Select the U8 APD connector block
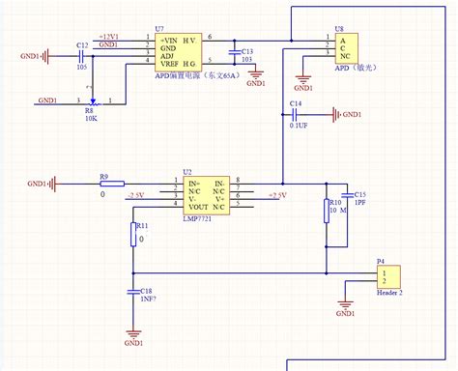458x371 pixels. pyautogui.click(x=342, y=48)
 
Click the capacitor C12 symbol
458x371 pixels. pyautogui.click(x=80, y=57)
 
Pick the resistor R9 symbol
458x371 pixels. pyautogui.click(x=111, y=183)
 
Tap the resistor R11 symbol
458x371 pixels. pyautogui.click(x=133, y=235)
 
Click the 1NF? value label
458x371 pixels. pyautogui.click(x=147, y=300)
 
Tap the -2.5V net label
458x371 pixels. pyautogui.click(x=137, y=194)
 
